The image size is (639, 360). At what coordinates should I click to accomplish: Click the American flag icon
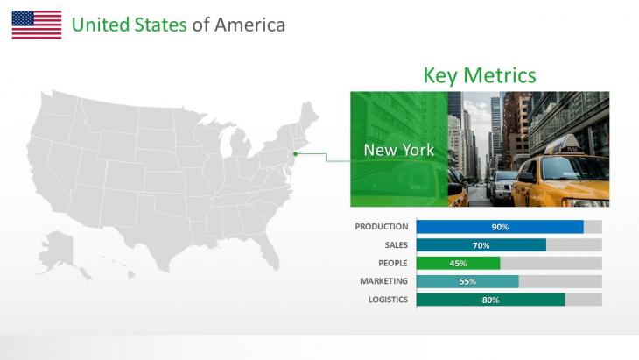(x=37, y=25)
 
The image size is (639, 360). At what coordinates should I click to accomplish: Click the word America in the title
(x=249, y=25)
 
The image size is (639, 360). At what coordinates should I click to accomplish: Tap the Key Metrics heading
(x=480, y=75)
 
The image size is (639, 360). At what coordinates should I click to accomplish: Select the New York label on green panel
(x=399, y=150)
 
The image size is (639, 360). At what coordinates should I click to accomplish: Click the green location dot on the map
(x=296, y=153)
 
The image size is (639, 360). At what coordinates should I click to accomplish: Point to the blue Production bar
(x=500, y=227)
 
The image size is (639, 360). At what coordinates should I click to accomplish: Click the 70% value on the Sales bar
(x=481, y=245)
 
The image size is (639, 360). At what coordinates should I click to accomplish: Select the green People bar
(x=458, y=263)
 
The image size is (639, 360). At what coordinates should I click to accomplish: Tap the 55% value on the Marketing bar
(x=467, y=281)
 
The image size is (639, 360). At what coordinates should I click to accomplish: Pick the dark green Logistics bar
(x=491, y=300)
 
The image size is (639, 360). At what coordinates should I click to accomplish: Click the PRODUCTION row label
(x=382, y=227)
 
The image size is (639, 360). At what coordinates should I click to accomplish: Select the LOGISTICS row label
(x=388, y=300)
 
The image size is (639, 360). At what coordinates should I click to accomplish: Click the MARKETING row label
(x=384, y=281)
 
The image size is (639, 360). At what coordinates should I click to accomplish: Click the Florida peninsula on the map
(x=270, y=251)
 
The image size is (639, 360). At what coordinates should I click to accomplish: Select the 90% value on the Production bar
(x=500, y=227)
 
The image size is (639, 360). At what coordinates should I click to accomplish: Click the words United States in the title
(x=130, y=25)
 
